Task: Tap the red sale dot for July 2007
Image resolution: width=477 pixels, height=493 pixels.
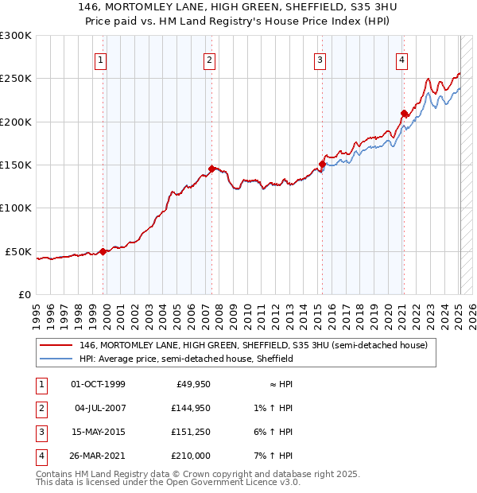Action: coord(211,169)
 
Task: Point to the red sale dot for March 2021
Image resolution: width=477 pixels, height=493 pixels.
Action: coord(404,113)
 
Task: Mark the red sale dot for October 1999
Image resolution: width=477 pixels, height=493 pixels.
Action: coord(103,251)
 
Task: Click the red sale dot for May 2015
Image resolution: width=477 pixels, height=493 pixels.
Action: coord(322,164)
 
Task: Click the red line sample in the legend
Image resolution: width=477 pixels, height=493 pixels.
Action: coord(56,345)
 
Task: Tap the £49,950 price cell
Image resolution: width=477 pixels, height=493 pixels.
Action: coord(191,384)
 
